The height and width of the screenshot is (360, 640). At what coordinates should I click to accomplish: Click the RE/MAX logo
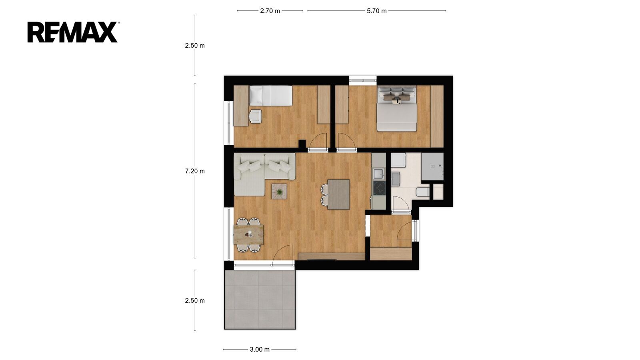(72, 32)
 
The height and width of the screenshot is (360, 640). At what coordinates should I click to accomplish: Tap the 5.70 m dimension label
(376, 11)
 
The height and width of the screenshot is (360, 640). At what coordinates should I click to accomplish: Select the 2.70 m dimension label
(270, 11)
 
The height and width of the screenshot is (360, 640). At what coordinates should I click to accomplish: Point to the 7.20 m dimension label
(195, 171)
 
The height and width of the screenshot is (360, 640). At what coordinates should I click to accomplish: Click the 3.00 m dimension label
(260, 349)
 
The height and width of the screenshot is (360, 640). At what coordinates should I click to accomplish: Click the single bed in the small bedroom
(270, 96)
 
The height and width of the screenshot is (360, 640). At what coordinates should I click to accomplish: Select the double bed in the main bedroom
(396, 108)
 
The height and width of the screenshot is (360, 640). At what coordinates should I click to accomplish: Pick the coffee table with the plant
(279, 191)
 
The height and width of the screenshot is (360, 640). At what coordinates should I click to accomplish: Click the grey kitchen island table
(338, 194)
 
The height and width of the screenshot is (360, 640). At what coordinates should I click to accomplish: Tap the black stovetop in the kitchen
(379, 188)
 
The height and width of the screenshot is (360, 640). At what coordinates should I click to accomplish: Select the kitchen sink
(379, 174)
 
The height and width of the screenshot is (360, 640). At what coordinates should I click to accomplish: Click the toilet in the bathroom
(422, 192)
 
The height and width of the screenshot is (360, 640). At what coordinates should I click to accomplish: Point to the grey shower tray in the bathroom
(432, 166)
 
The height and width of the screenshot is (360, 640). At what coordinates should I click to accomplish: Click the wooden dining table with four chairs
(248, 235)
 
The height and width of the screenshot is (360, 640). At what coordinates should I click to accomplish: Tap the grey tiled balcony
(260, 300)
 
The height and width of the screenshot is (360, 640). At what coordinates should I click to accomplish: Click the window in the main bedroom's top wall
(363, 80)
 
